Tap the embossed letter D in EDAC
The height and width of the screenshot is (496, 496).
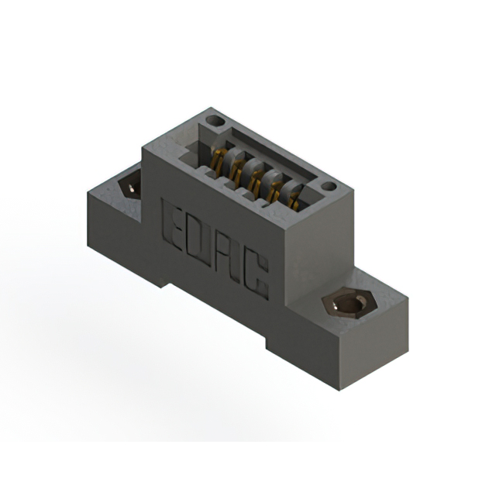[203, 239]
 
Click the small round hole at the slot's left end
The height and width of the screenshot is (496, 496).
[215, 121]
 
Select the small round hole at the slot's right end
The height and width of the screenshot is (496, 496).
[328, 187]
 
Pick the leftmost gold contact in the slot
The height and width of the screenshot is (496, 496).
[219, 158]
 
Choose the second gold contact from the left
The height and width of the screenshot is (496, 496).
[236, 169]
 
